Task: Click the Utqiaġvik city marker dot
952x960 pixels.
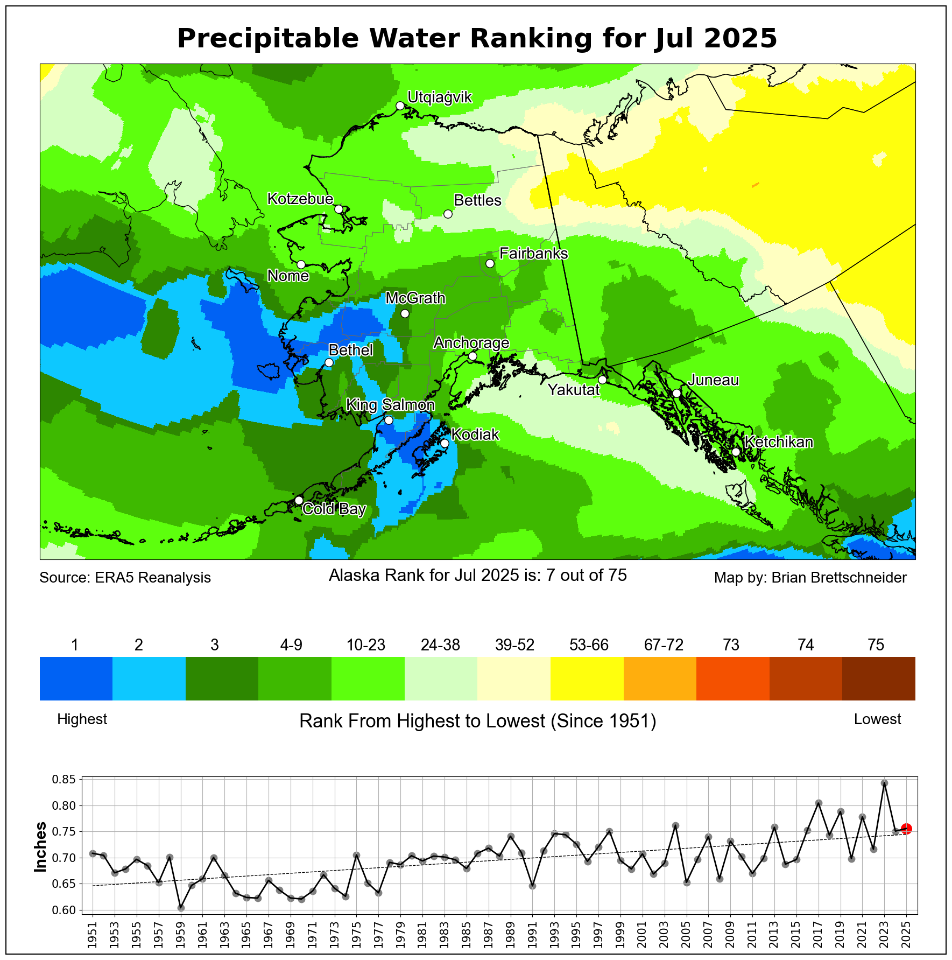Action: [400, 106]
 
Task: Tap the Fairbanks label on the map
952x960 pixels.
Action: [533, 253]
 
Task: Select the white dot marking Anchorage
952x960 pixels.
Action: [473, 356]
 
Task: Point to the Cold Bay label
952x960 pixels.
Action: [334, 509]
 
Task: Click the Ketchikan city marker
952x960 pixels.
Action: [736, 452]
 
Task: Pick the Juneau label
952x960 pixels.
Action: [714, 380]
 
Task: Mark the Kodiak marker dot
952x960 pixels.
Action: [445, 443]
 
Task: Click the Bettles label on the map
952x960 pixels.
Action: [477, 200]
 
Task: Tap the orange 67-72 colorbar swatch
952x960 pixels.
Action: [660, 678]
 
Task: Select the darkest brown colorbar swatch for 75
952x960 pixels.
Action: [878, 678]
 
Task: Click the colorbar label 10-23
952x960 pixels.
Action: [366, 645]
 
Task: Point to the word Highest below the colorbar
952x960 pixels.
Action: [82, 719]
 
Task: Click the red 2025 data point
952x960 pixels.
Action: [906, 829]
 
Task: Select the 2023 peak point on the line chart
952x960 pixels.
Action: [884, 783]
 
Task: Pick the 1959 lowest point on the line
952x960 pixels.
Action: [181, 908]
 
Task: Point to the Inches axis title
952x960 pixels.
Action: [40, 847]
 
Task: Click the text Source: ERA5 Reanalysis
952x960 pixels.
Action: [125, 578]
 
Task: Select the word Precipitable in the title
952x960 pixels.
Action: [267, 39]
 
